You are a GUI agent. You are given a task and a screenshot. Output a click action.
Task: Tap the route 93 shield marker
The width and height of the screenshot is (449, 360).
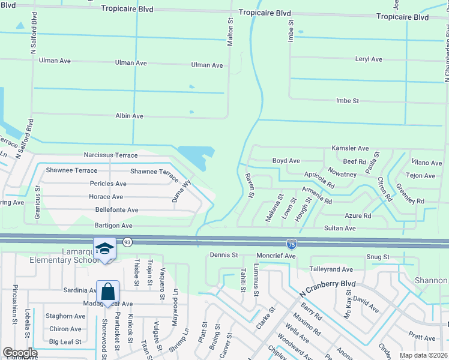(127, 242)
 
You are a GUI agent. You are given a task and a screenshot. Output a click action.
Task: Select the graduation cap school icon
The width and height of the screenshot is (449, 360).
(104, 250)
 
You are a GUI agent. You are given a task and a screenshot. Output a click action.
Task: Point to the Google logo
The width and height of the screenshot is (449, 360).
(19, 353)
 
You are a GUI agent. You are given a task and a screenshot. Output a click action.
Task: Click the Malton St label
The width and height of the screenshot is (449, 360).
(230, 30)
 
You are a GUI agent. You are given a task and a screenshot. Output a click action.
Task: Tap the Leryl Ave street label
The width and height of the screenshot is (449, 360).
(369, 59)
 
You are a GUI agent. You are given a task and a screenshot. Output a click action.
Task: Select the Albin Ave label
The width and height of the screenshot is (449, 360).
(129, 116)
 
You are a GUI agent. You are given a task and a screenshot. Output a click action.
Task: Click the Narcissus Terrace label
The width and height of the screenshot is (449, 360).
(111, 155)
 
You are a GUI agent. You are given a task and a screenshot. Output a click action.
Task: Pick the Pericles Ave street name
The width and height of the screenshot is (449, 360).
(108, 184)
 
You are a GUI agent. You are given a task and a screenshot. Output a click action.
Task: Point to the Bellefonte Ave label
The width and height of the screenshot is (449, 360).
(117, 210)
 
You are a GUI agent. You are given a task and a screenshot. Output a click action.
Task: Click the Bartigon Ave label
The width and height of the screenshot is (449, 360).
(113, 226)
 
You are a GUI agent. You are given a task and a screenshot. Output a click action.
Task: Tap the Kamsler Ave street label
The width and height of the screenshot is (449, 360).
(350, 148)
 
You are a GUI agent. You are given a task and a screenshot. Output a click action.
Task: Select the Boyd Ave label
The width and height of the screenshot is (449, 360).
(286, 161)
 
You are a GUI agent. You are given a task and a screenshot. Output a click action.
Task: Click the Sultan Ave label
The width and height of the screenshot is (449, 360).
(340, 229)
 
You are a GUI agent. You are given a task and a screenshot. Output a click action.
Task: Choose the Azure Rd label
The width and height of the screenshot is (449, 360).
(358, 216)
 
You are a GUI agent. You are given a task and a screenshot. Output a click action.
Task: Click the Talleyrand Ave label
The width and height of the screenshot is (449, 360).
(331, 270)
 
